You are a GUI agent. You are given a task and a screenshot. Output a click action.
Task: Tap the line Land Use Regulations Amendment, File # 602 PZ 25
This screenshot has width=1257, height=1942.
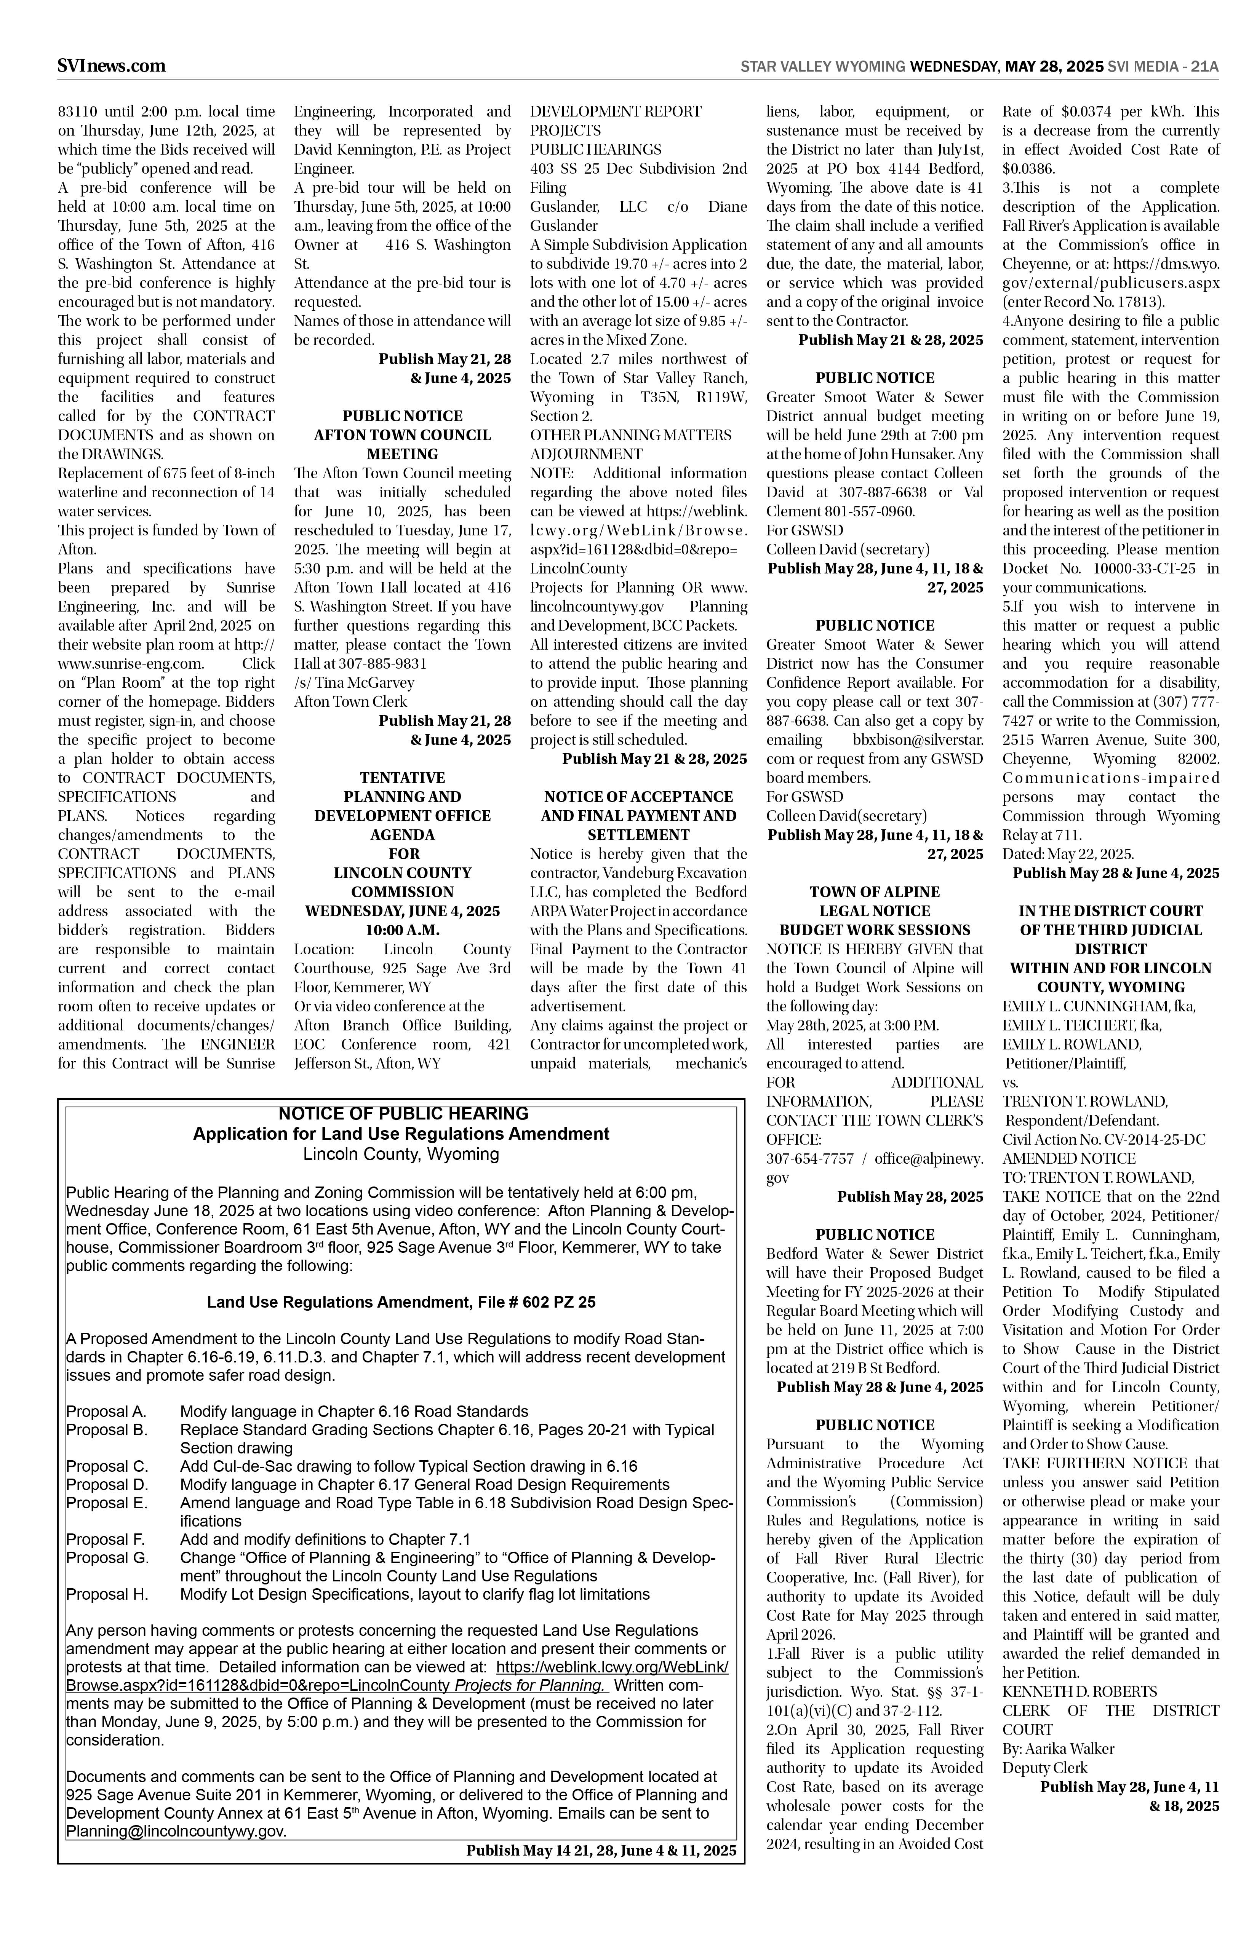[x=401, y=1302]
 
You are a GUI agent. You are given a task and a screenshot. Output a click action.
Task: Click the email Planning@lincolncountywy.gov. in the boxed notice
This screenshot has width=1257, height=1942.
[x=176, y=1831]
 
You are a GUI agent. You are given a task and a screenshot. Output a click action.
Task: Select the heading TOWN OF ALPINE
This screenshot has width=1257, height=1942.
[x=874, y=892]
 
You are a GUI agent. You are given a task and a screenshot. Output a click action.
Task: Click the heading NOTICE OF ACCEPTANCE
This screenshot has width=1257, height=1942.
[x=638, y=796]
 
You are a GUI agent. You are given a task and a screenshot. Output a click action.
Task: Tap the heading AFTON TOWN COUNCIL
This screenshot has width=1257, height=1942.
[x=402, y=435]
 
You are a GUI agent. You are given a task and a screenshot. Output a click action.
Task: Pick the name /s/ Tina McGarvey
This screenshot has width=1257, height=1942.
[x=354, y=682]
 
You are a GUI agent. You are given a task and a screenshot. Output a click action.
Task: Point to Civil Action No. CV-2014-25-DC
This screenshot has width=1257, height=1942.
[x=1103, y=1140]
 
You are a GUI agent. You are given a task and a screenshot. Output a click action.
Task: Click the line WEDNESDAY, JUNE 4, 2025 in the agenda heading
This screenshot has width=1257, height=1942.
[x=402, y=910]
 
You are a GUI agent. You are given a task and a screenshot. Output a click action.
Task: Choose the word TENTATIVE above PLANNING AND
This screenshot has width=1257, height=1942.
[x=402, y=778]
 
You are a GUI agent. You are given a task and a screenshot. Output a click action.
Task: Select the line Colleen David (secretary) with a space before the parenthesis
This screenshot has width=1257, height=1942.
[x=847, y=549]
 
